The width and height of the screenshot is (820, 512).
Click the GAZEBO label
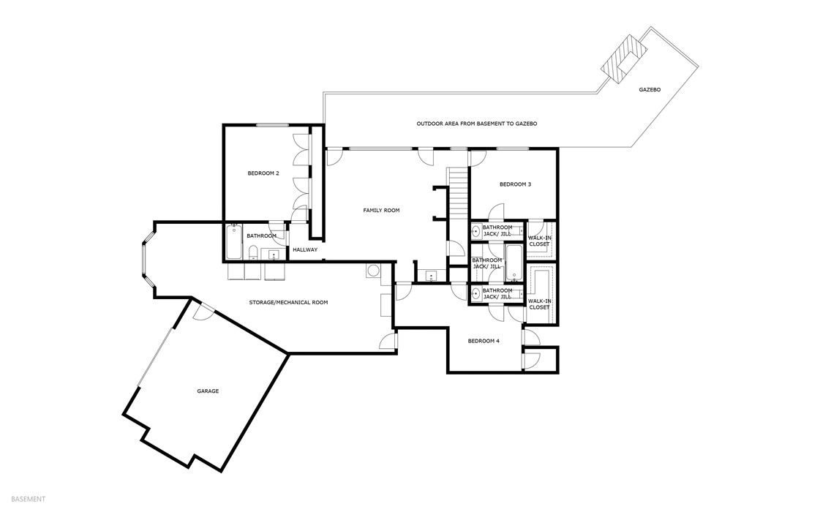649,89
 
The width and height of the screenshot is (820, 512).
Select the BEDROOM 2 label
263,173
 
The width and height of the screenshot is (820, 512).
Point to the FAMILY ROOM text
381,211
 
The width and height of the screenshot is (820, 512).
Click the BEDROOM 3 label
515,184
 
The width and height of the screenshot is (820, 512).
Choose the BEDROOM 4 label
484,341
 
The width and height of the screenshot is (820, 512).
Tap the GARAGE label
208,391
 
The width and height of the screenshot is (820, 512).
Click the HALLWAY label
305,250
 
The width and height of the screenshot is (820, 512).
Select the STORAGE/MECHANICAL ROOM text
288,301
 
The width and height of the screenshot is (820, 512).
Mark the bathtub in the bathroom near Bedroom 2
234,242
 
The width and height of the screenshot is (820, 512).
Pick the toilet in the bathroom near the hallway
252,254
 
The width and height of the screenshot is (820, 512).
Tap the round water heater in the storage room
373,271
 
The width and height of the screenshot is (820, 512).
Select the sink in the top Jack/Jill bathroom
476,232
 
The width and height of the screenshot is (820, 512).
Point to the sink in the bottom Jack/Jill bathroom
476,294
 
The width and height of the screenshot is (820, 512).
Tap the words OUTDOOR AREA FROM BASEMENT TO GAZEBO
476,124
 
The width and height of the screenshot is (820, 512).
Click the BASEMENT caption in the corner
29,499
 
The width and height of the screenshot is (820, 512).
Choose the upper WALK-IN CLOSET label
539,240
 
